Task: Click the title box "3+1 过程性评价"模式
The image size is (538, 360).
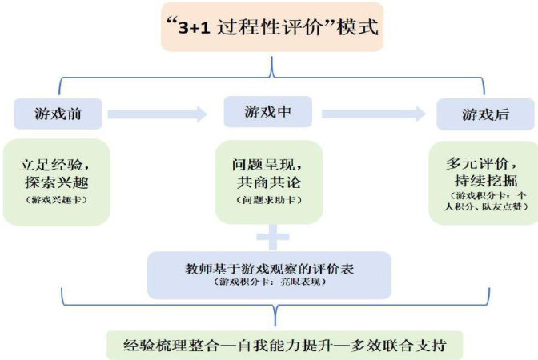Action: click(x=269, y=27)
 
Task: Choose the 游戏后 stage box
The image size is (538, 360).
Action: click(x=484, y=114)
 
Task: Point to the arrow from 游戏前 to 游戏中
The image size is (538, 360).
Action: click(x=157, y=114)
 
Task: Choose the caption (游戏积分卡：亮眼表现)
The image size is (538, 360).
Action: click(x=269, y=282)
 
